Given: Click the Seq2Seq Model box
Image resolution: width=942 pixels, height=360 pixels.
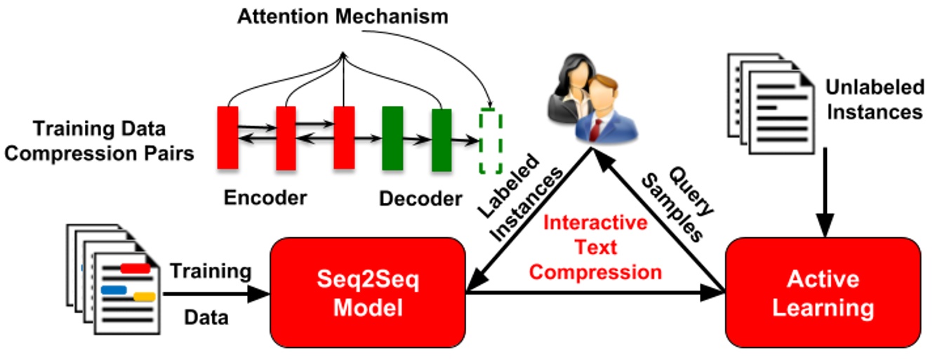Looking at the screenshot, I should tap(369, 293).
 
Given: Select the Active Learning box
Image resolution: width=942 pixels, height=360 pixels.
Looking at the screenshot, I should tap(823, 293).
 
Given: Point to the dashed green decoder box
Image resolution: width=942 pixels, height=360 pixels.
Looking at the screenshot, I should tap(490, 140).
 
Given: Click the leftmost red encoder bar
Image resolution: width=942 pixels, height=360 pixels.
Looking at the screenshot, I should tap(227, 138).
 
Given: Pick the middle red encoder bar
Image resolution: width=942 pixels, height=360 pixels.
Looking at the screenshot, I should tap(286, 138).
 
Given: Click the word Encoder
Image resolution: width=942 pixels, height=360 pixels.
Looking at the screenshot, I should tap(265, 198).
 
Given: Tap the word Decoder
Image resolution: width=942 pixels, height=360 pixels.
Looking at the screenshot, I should tap(421, 199).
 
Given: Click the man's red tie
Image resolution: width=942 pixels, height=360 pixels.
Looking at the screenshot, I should tap(597, 128).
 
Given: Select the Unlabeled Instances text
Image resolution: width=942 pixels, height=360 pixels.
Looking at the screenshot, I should tap(874, 99).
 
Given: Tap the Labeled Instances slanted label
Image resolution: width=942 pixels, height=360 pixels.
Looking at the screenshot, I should tap(516, 199).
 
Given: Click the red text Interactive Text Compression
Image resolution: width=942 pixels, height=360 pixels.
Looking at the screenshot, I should tap(596, 247).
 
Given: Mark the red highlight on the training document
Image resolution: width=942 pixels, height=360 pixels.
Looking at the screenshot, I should tap(135, 267).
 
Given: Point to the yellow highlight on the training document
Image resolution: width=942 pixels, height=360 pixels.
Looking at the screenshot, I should tap(144, 296).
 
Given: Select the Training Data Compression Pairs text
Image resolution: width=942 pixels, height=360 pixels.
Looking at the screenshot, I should tap(98, 141).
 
